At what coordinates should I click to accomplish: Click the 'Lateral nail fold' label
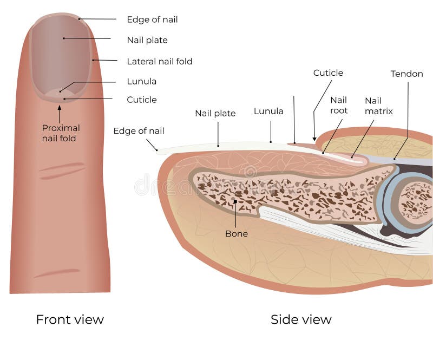(x=159, y=61)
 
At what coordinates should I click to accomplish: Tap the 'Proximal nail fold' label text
(x=61, y=133)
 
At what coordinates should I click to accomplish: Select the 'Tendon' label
(x=406, y=74)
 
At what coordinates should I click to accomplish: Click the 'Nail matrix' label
(x=378, y=106)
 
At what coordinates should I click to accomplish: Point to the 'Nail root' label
(x=338, y=105)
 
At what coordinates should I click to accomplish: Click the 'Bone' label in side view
(x=237, y=234)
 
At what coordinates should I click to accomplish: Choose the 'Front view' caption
(x=69, y=319)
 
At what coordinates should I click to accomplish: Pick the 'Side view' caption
(x=301, y=319)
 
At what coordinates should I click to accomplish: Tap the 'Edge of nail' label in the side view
(x=139, y=131)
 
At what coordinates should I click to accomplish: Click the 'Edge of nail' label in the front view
(x=152, y=19)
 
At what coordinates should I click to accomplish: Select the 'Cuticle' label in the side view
(x=328, y=73)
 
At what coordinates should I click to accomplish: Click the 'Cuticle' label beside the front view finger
(x=141, y=100)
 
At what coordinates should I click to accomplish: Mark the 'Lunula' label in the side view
(x=268, y=111)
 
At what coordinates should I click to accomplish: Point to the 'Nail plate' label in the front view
(x=147, y=40)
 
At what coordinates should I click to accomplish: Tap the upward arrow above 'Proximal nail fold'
(x=60, y=113)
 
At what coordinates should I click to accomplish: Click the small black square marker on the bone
(x=235, y=201)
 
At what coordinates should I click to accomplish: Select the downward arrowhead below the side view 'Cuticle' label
(x=314, y=138)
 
